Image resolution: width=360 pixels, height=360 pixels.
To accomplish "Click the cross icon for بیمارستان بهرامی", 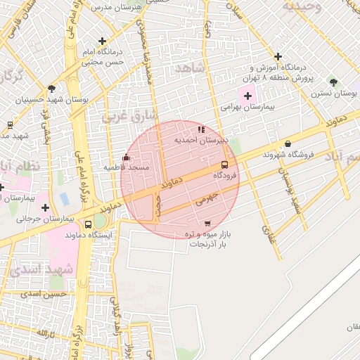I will click(x=247, y=96).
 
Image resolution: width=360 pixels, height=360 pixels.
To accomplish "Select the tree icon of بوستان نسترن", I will click(x=333, y=82).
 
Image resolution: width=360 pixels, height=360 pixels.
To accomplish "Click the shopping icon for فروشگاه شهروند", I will click(x=287, y=144).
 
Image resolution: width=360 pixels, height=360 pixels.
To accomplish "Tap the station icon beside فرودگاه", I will click(x=224, y=165).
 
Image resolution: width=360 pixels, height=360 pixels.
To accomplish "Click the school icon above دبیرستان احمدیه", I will click(x=201, y=129).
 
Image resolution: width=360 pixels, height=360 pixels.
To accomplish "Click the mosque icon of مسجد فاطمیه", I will click(x=127, y=157).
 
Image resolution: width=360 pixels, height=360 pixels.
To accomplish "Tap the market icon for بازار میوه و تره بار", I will click(x=207, y=224).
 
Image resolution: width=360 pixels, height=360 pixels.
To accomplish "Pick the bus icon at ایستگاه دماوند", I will click(x=88, y=224).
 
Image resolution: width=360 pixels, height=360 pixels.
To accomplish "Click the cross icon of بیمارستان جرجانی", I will click(x=46, y=207).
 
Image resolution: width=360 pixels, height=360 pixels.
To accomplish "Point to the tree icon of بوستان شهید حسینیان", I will click(x=51, y=89).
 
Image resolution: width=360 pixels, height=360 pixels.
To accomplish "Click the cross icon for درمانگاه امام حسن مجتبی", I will click(x=103, y=41).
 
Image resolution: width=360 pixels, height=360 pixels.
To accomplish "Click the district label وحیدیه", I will click(x=302, y=6).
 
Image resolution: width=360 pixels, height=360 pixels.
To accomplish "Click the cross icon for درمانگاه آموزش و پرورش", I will click(x=278, y=56).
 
